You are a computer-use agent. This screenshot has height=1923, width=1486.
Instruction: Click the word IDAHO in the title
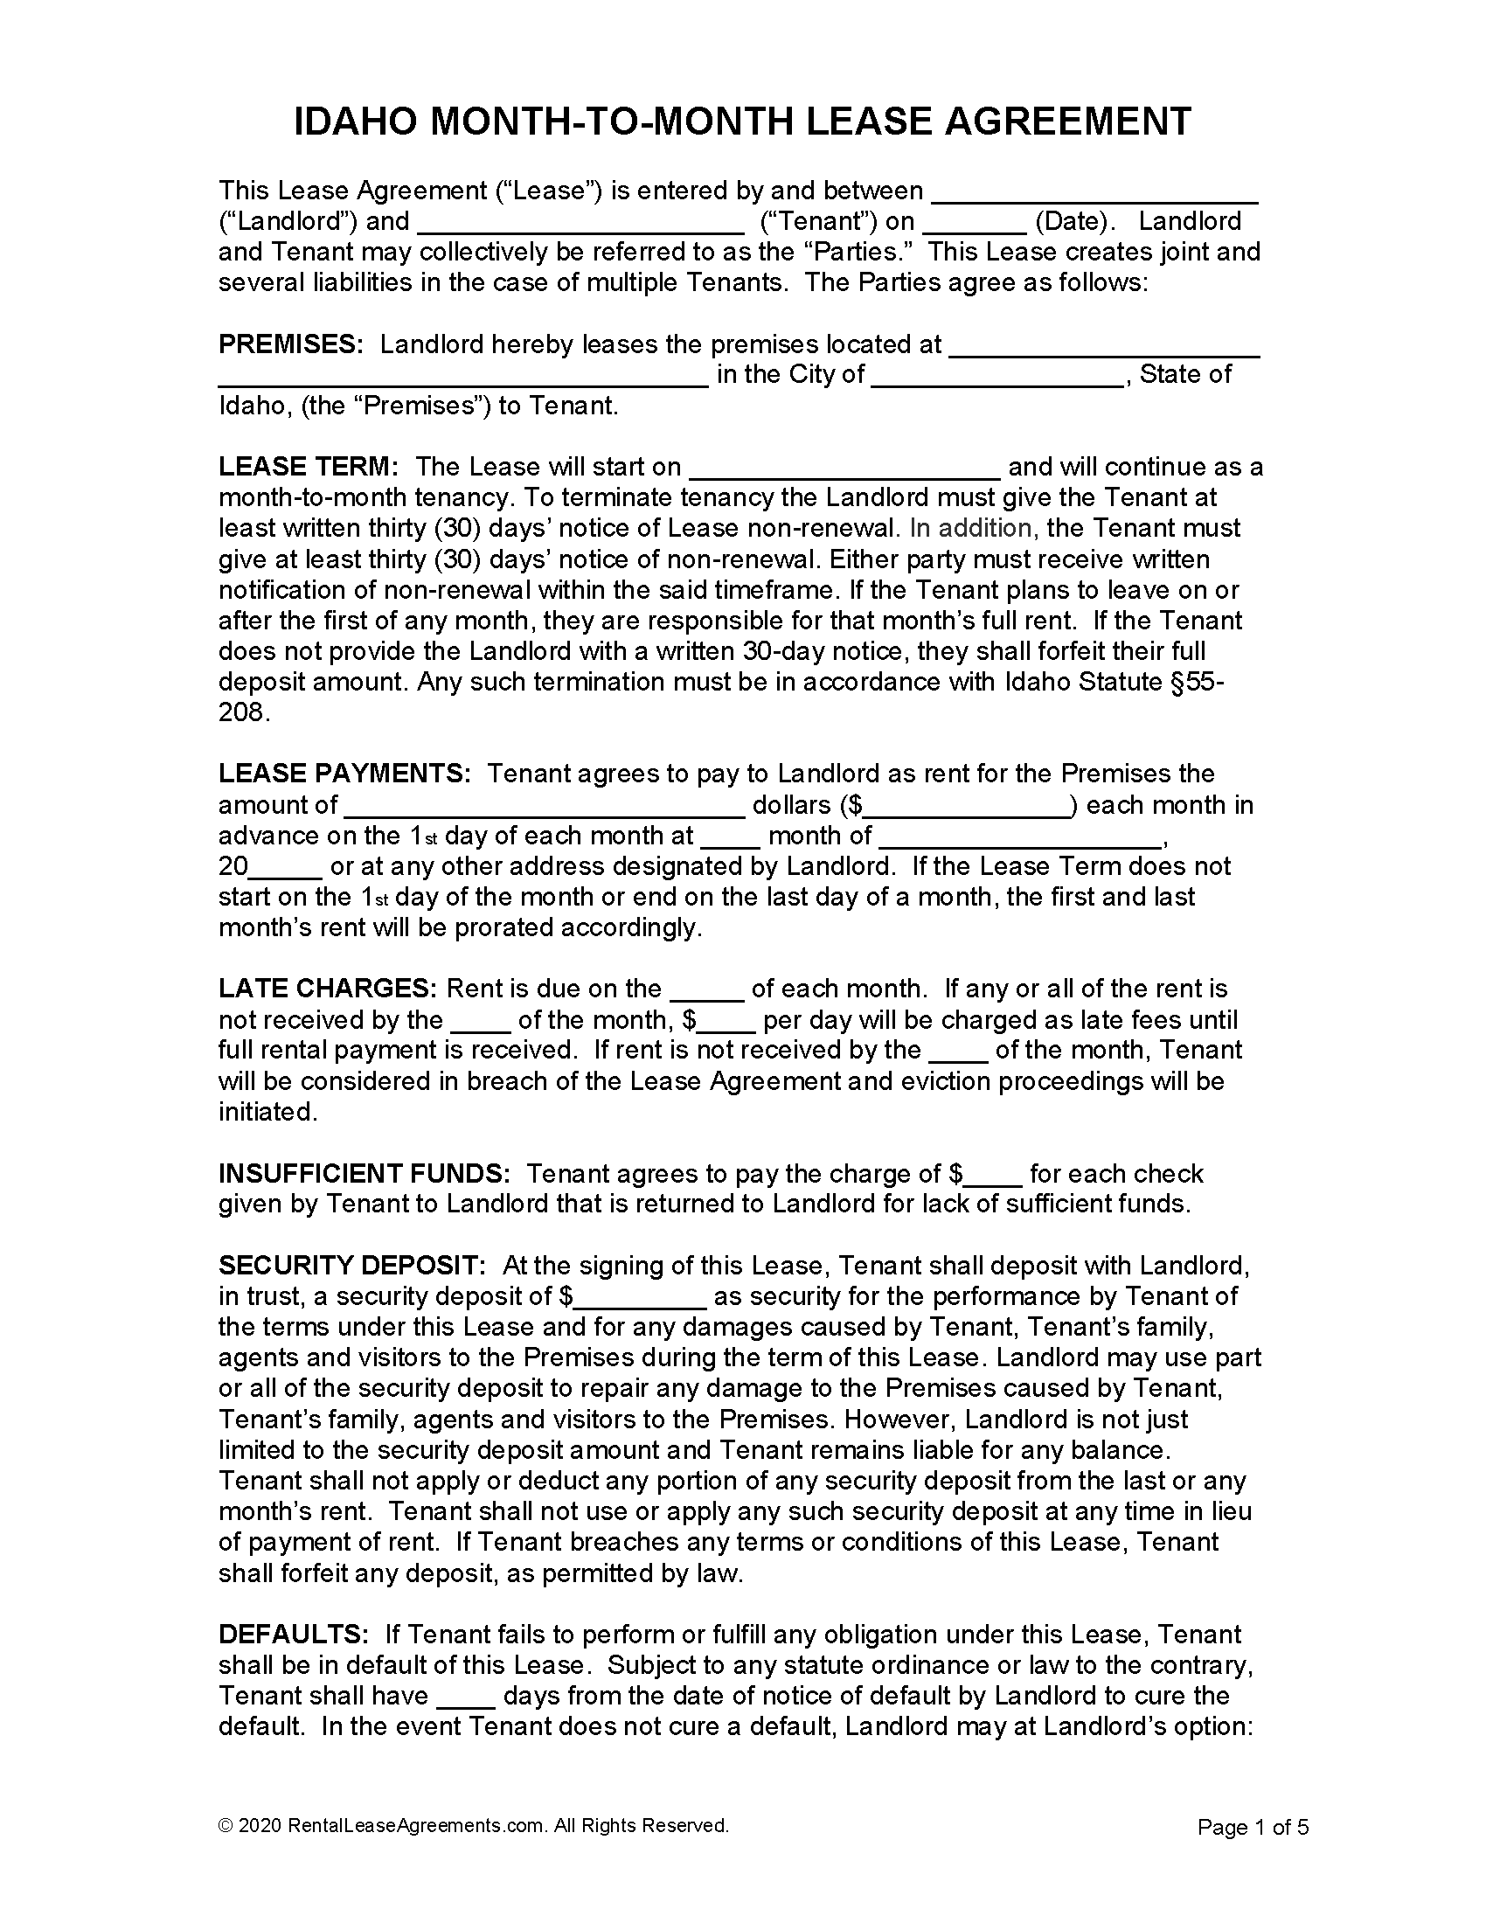coord(356,121)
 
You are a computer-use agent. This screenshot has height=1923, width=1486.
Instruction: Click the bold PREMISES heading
coord(290,344)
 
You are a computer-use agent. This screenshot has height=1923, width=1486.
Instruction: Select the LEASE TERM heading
coord(308,467)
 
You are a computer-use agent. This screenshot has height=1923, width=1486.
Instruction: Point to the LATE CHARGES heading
coord(328,989)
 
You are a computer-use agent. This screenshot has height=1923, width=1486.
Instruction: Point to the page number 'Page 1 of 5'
coord(1253,1827)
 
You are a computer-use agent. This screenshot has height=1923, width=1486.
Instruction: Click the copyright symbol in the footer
coord(225,1825)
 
